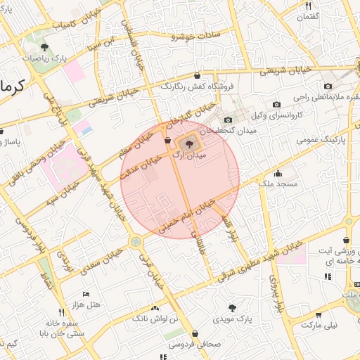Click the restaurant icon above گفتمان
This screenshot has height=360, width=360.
308,6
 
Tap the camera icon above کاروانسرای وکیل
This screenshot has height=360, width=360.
276,105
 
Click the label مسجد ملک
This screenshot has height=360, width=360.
279,184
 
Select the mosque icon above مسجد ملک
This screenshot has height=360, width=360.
278,174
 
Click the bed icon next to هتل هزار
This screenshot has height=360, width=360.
86,293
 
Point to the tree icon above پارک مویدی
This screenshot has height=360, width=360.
233,307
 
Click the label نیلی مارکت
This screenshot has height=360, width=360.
320,326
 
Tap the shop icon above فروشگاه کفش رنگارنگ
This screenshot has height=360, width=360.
196,75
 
